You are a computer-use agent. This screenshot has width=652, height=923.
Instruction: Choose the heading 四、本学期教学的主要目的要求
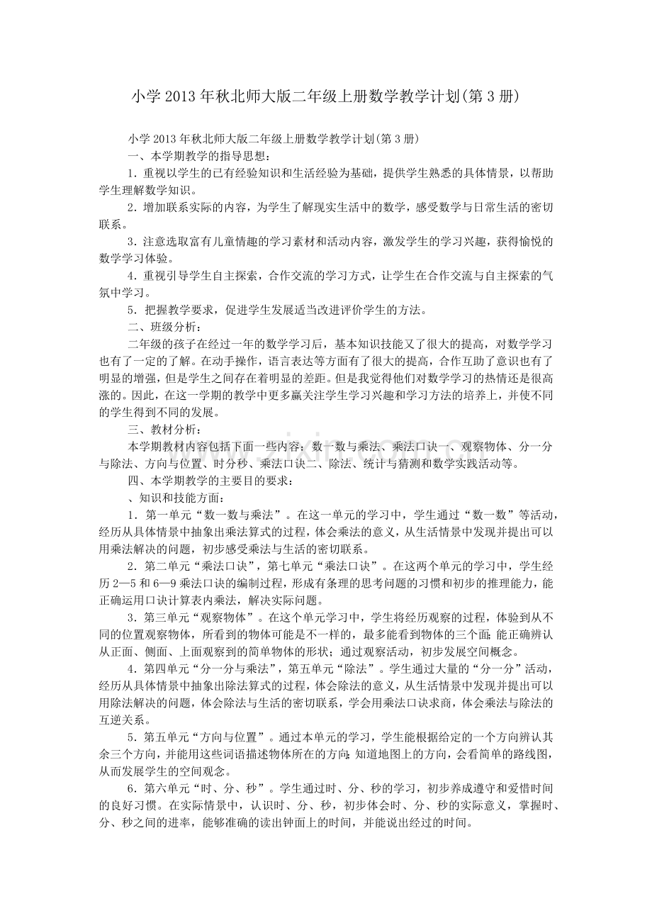(x=208, y=481)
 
